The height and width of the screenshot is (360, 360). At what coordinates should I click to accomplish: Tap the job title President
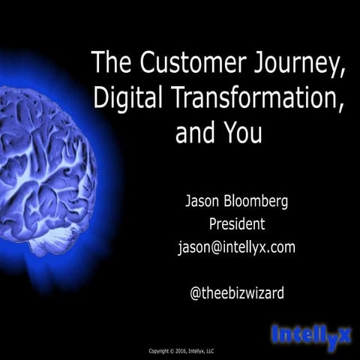point(236,224)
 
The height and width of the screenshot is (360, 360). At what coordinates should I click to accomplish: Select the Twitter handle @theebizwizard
point(236,293)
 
